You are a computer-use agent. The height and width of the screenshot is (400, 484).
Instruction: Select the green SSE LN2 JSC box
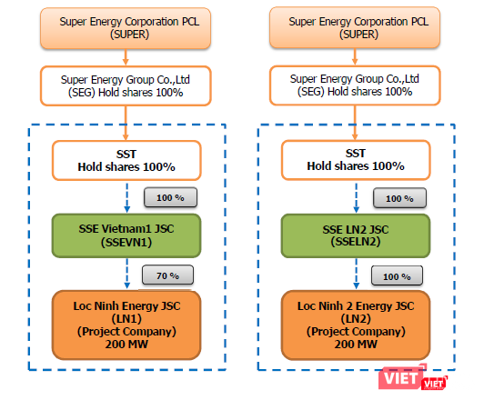tap(355, 234)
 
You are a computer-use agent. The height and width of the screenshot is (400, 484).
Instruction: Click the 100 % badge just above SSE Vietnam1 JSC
tap(163, 197)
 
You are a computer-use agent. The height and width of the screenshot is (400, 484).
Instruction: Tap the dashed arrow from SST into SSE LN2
tap(356, 196)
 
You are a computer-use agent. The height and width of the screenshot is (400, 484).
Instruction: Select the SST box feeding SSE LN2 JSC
tap(355, 159)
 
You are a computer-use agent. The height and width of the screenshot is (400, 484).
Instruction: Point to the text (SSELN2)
tap(355, 243)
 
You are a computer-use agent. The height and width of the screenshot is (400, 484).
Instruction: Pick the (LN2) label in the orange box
tap(355, 320)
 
